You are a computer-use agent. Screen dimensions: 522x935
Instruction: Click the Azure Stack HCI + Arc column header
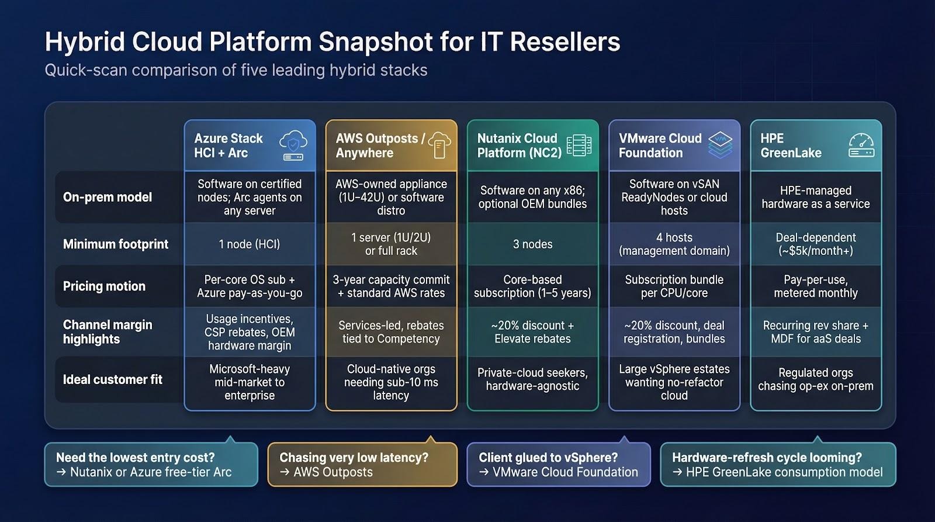pos(228,146)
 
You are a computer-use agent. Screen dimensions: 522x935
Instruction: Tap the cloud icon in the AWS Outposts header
pos(439,144)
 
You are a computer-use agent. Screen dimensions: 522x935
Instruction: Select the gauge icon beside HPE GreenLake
pos(861,145)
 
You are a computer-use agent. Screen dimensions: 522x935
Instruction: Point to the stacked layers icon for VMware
pos(720,145)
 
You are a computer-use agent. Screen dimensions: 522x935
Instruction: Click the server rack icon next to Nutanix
pos(579,145)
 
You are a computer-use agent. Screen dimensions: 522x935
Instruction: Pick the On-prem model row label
pos(108,197)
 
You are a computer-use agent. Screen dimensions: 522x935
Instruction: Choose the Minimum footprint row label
pos(116,244)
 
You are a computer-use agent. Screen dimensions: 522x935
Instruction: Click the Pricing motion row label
pos(104,286)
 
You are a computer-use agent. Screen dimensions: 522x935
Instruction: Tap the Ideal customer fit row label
pos(113,379)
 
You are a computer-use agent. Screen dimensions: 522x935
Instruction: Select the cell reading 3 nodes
pos(532,244)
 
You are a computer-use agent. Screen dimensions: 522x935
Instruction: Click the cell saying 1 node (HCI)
pos(250,244)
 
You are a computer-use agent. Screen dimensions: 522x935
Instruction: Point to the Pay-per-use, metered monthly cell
pos(816,286)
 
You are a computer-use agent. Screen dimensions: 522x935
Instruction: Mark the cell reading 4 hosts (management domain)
pos(674,244)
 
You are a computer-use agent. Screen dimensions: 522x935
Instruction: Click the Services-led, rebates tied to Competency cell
pos(391,332)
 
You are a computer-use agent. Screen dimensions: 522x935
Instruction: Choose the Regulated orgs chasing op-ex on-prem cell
pos(816,379)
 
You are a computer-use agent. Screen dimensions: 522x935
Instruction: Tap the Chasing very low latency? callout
pos(362,465)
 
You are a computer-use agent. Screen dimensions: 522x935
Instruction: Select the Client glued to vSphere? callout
pos(558,465)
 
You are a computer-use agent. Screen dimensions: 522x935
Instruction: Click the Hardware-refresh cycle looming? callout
pos(777,465)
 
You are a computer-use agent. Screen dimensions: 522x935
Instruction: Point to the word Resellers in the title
pos(565,42)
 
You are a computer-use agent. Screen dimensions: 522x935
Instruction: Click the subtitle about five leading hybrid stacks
pos(236,70)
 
